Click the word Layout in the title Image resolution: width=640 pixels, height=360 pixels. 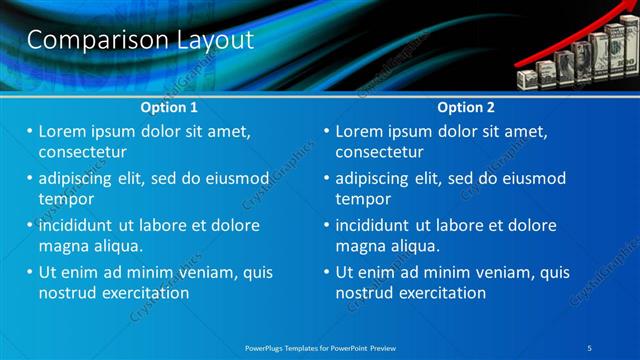(210, 40)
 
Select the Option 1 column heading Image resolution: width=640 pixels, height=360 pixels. (169, 107)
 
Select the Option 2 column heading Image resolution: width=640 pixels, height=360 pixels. (466, 107)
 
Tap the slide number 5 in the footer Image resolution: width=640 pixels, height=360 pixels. (590, 347)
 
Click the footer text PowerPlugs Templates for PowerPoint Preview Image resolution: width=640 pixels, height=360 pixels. (320, 347)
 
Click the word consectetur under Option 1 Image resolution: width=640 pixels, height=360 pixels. (82, 152)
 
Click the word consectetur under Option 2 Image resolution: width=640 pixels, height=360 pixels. (379, 152)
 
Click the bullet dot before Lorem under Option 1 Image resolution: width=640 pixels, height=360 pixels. (30, 131)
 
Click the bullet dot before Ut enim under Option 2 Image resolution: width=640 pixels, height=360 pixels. (327, 272)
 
